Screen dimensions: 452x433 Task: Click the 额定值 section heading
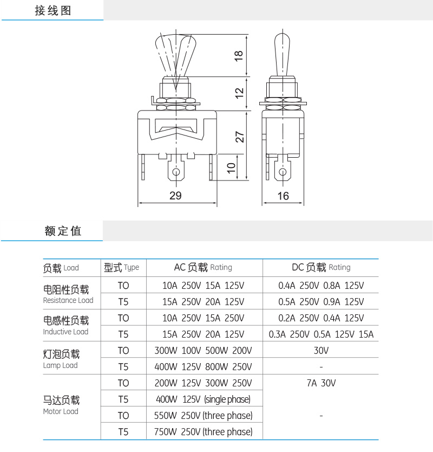click(63, 231)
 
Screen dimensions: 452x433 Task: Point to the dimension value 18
click(239, 56)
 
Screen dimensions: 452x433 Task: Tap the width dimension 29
click(175, 196)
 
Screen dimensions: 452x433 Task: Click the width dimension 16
click(283, 196)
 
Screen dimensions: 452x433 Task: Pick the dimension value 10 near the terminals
click(232, 169)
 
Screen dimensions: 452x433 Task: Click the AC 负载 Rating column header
click(203, 267)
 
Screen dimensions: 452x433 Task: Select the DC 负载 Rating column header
click(321, 267)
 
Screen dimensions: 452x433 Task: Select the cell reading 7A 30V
click(321, 383)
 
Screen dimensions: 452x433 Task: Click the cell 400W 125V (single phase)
click(203, 399)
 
